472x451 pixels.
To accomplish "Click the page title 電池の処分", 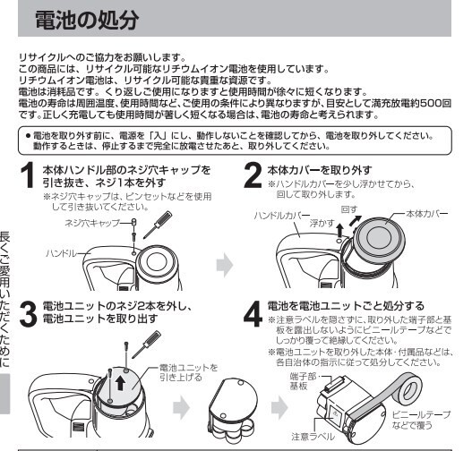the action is pyautogui.click(x=87, y=21).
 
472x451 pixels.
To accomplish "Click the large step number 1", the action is pyautogui.click(x=28, y=175).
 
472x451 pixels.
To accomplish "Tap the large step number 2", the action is pyautogui.click(x=253, y=175).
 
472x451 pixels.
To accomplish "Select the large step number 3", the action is pyautogui.click(x=28, y=314).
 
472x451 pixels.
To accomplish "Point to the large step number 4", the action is pyautogui.click(x=253, y=314).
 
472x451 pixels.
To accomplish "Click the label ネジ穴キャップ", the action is pyautogui.click(x=92, y=223).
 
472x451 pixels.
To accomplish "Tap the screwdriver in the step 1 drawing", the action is pyautogui.click(x=158, y=225).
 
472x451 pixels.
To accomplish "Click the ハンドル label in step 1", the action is pyautogui.click(x=61, y=253).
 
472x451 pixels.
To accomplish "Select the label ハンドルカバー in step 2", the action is pyautogui.click(x=282, y=216).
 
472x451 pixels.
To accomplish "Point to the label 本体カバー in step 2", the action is pyautogui.click(x=427, y=214).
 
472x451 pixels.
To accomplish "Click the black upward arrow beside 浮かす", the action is pyautogui.click(x=339, y=230).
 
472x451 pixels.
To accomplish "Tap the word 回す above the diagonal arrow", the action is pyautogui.click(x=349, y=209).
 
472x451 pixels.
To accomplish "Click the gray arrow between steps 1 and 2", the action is pyautogui.click(x=225, y=265).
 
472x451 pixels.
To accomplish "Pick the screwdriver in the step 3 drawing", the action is pyautogui.click(x=146, y=345).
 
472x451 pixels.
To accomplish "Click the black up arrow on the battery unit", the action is pyautogui.click(x=120, y=383).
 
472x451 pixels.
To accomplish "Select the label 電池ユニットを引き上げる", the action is pyautogui.click(x=188, y=372).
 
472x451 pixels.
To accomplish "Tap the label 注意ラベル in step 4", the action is pyautogui.click(x=313, y=437).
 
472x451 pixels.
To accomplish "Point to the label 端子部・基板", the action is pyautogui.click(x=303, y=381).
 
